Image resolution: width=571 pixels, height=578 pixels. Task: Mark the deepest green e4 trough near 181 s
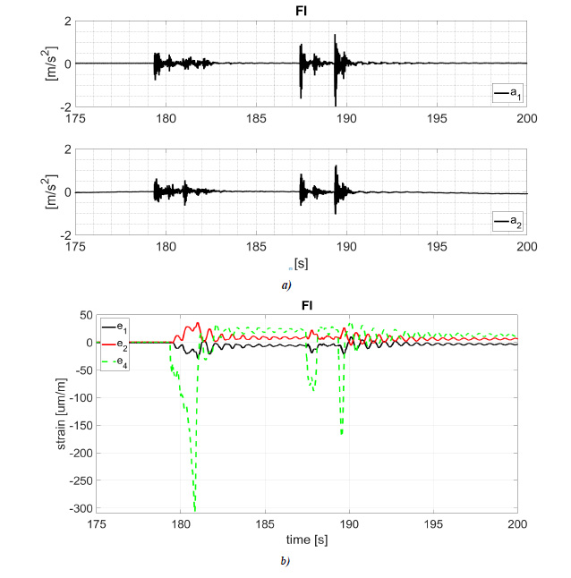click(x=195, y=510)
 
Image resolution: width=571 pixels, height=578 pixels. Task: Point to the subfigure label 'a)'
click(x=285, y=284)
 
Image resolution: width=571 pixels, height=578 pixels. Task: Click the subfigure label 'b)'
click(x=285, y=561)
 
